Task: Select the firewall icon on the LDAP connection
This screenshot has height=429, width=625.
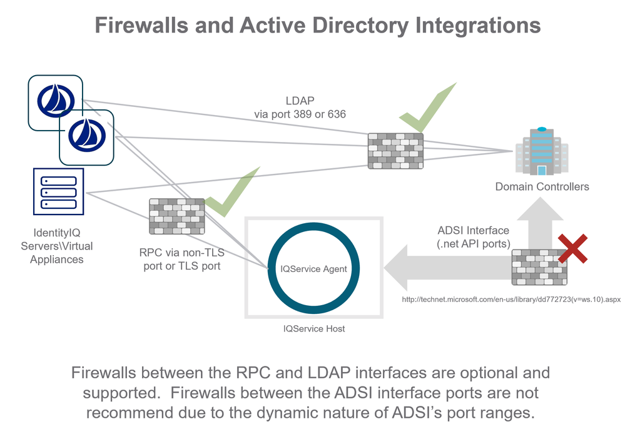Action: [x=395, y=151]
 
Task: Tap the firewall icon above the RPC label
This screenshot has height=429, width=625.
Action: [x=177, y=216]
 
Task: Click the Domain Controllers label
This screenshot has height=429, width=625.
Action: [x=542, y=186]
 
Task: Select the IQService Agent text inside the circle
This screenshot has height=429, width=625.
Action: [x=313, y=269]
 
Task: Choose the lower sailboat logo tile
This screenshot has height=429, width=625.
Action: [x=87, y=137]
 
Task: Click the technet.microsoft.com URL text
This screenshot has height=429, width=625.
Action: [x=511, y=300]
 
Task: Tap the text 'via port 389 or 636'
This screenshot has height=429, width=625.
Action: [x=300, y=114]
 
